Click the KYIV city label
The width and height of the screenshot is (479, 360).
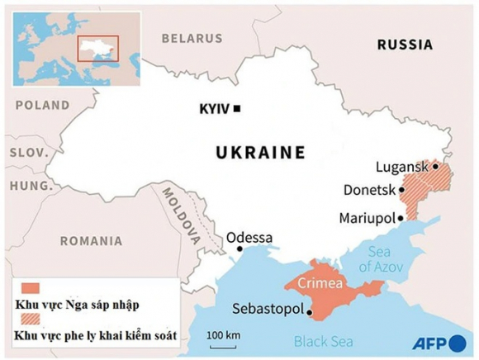[x=215, y=109]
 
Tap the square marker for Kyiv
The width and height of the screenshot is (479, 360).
[x=238, y=109]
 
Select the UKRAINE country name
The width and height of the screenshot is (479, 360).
[x=260, y=153]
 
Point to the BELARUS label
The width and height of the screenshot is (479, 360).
[x=192, y=38]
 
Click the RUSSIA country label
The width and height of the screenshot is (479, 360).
[x=405, y=45]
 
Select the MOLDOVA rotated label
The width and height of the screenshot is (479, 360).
[x=179, y=216]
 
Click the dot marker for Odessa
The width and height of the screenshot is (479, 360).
[x=239, y=249]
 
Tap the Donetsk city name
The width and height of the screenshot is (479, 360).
[x=368, y=191]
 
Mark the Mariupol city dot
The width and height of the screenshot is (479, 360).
[x=401, y=218]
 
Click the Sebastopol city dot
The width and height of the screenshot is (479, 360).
[x=310, y=313]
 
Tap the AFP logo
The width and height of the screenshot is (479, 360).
[x=438, y=343]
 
